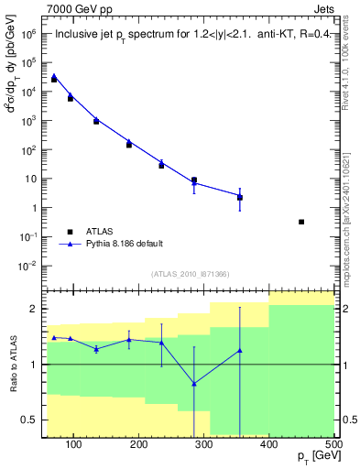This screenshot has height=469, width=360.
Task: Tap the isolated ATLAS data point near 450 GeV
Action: pos(301,222)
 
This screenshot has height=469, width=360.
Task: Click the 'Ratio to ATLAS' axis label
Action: pos(12,364)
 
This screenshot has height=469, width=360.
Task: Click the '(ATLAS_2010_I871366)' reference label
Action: pos(190,274)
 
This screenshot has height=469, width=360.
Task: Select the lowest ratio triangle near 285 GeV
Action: pos(194,383)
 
